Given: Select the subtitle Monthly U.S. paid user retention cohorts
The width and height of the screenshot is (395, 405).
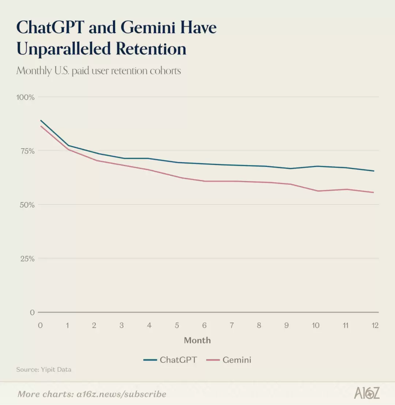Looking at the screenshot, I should [99, 70].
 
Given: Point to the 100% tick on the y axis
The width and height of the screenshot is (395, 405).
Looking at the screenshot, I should [25, 97].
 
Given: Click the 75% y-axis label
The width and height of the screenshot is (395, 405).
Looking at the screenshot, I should [27, 151].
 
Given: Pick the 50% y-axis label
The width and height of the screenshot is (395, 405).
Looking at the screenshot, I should [27, 205].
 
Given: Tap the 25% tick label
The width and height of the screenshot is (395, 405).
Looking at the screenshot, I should [27, 259].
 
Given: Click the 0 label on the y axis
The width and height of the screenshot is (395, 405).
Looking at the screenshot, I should [32, 312].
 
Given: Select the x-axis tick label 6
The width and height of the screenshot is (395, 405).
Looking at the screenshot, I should [204, 325].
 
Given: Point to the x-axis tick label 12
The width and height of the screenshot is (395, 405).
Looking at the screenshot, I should [375, 325].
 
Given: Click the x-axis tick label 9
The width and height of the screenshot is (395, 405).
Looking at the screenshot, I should [286, 325].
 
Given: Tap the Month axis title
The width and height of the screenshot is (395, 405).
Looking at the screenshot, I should [197, 340].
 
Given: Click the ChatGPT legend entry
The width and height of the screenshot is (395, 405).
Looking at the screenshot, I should [170, 360].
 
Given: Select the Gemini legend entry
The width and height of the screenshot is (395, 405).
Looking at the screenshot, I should [229, 360].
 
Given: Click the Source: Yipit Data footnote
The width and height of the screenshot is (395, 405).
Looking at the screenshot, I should [44, 370].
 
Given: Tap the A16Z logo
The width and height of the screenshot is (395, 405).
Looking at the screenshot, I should [367, 393].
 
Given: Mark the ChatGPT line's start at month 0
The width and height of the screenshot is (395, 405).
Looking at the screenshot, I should [41, 120].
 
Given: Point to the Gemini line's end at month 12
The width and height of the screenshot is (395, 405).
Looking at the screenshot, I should [374, 192].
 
